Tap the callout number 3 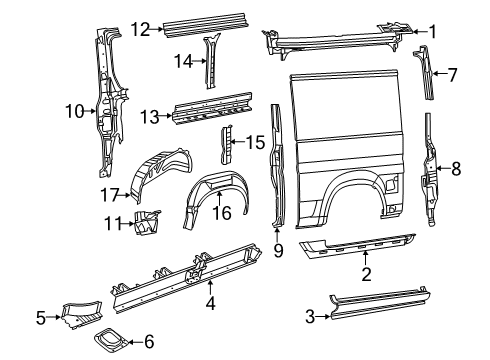[x=310, y=317]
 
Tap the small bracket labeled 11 [x=146, y=225]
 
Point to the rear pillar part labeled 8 [x=431, y=170]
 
